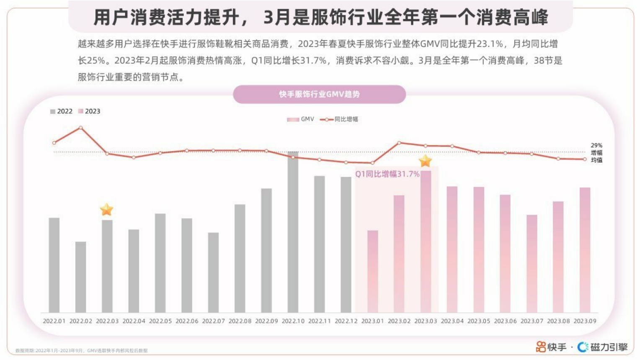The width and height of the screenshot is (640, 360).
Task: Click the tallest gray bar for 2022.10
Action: [293, 232]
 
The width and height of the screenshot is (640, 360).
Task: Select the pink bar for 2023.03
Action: [426, 242]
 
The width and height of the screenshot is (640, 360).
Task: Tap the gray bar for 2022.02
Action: [80, 277]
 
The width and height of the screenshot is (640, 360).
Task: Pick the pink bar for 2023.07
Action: [532, 264]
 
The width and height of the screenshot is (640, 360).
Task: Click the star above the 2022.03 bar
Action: [107, 209]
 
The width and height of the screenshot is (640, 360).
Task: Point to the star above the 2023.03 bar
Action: [425, 161]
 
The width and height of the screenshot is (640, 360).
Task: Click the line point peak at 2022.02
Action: [80, 128]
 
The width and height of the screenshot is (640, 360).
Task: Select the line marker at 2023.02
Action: [399, 143]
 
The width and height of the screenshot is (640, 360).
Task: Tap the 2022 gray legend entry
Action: [61, 111]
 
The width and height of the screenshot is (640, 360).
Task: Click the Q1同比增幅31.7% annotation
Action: [387, 174]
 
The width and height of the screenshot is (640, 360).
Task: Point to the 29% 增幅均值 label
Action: [596, 153]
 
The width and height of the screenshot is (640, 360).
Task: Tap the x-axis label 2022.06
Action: [187, 321]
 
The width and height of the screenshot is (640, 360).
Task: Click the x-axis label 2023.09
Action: [585, 321]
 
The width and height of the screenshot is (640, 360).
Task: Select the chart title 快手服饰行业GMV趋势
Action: [319, 94]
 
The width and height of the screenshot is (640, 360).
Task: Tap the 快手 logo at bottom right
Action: [551, 347]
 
